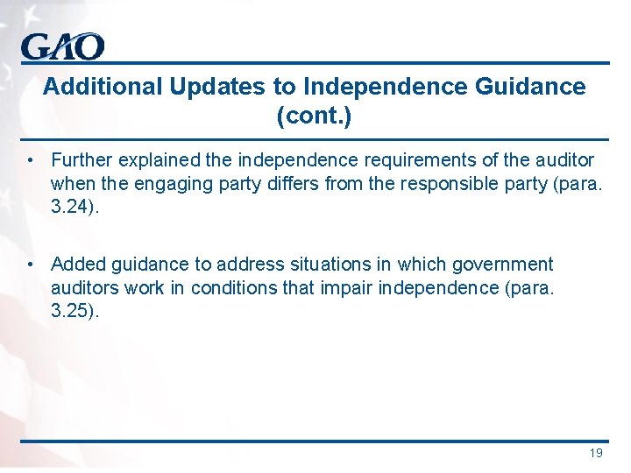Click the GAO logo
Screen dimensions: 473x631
coord(62,46)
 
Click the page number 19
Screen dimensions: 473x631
coord(596,453)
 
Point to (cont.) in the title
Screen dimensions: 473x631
coord(314,116)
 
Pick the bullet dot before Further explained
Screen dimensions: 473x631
coord(30,160)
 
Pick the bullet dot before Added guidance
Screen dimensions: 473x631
coord(30,264)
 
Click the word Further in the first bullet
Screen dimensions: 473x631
coord(80,160)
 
